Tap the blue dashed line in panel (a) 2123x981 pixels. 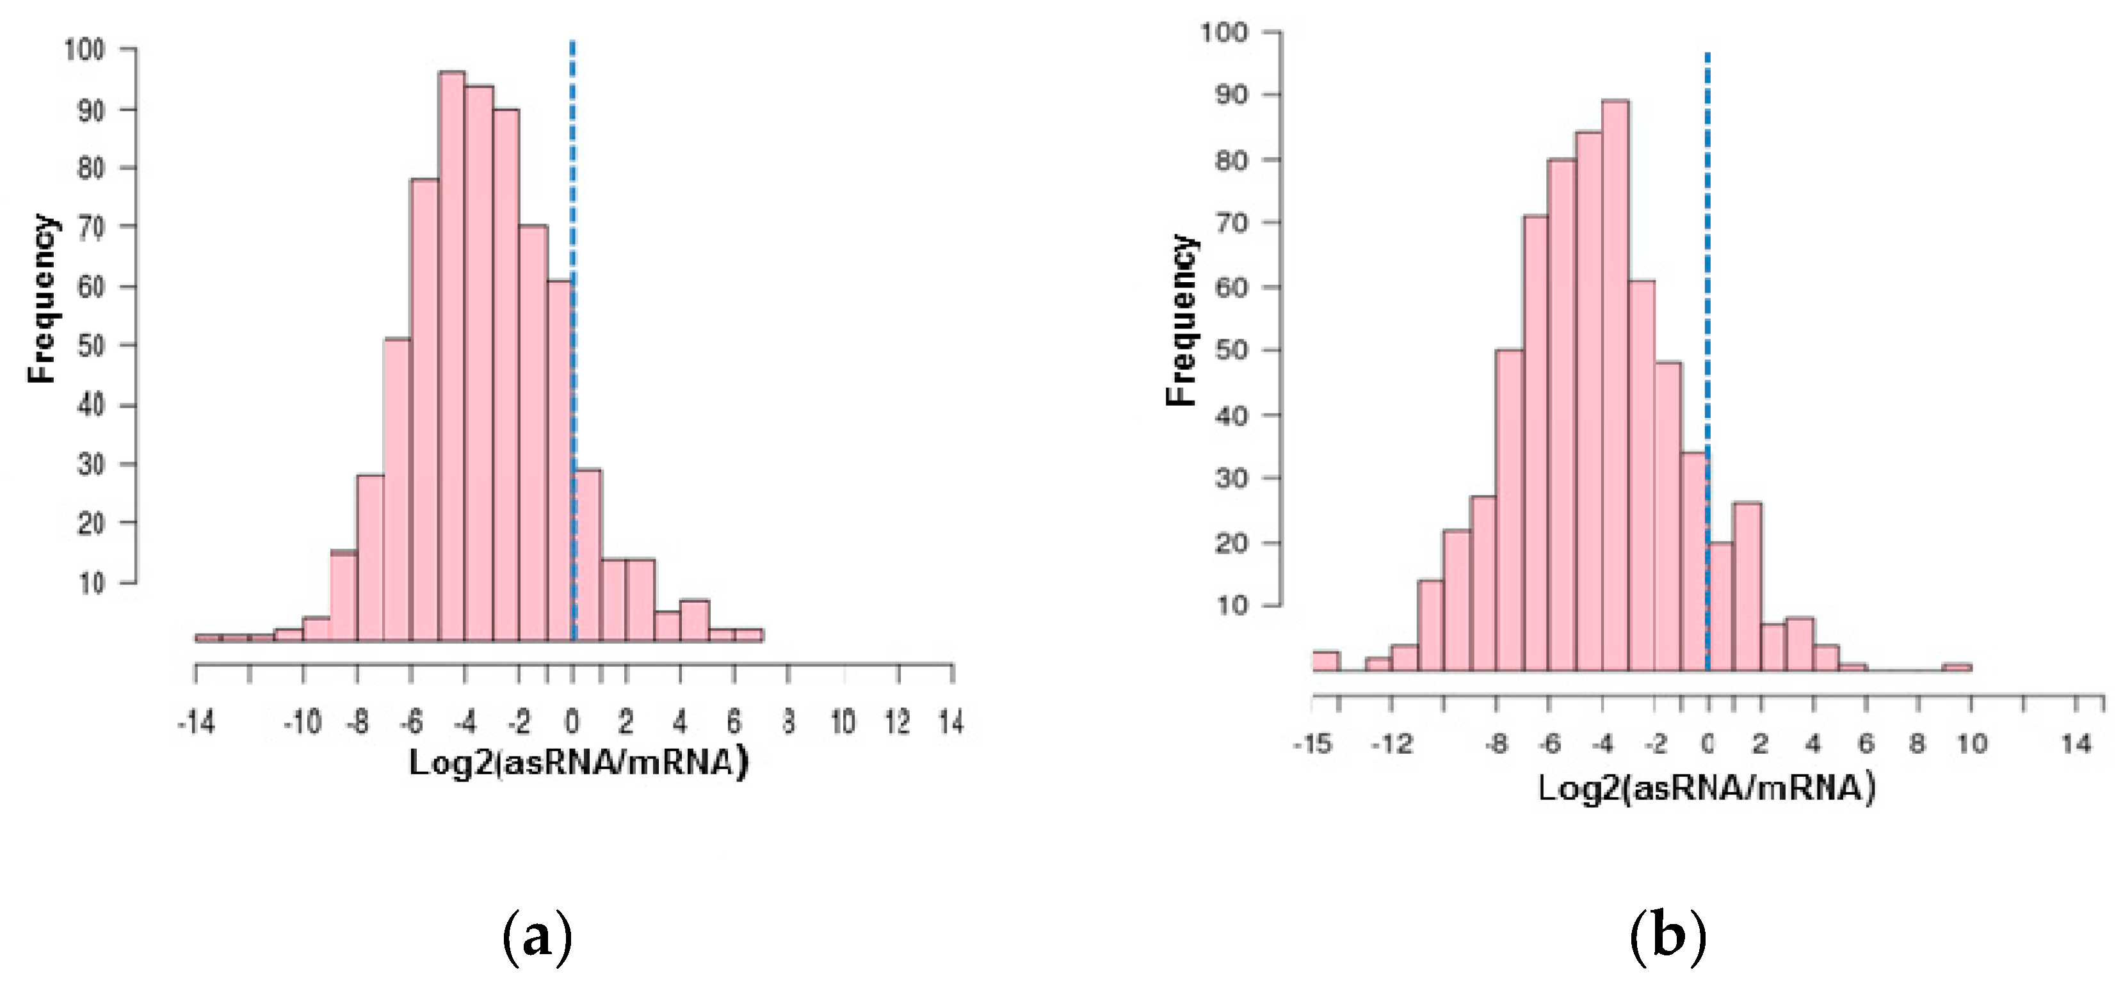[x=573, y=247]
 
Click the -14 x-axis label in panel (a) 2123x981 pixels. [x=195, y=723]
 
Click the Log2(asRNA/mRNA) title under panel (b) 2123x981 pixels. [x=1706, y=788]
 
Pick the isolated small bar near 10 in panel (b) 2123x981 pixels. [x=1957, y=667]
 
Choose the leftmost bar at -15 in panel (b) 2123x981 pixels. [x=1325, y=662]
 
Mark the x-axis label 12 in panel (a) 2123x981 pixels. [x=898, y=723]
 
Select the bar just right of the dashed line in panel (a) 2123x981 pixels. [x=588, y=555]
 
